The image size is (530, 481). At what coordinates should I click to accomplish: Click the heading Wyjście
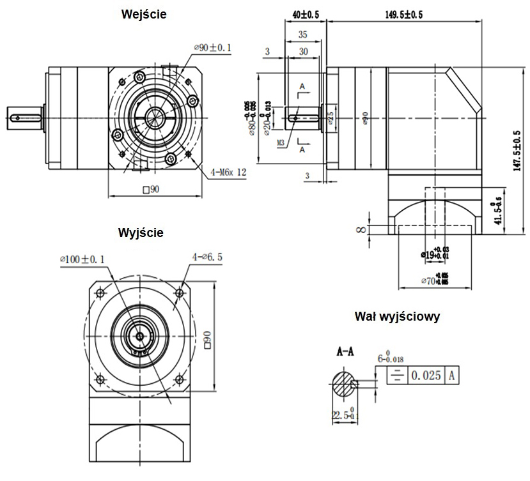[141, 233]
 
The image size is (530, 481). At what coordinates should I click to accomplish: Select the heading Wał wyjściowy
[397, 316]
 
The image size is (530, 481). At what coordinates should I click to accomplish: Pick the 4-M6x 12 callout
[228, 172]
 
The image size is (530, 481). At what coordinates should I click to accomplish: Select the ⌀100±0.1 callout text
[82, 258]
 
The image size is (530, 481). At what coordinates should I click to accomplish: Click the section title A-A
[345, 351]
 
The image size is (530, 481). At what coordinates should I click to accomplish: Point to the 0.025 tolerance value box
[426, 376]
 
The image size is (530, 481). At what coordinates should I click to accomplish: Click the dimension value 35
[303, 36]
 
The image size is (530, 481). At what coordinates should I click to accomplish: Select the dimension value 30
[303, 51]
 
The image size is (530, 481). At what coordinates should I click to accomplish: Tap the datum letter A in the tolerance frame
[452, 376]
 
